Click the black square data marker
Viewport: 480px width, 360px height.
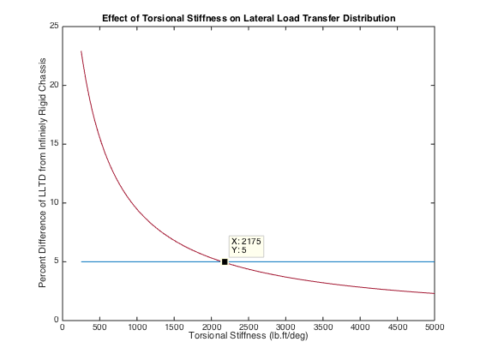pos(225,261)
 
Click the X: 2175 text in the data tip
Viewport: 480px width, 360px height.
pos(246,242)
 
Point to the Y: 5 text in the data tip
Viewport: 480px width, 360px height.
pos(239,250)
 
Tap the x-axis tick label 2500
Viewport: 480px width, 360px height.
pos(249,327)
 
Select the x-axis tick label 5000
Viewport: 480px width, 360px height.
pos(435,327)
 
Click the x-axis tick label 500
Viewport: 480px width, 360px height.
pos(99,327)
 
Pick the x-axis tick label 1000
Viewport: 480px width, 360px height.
pos(136,327)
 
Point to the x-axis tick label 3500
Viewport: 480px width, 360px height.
pos(323,327)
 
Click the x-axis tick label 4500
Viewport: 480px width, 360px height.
pos(398,327)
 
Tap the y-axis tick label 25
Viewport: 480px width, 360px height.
pos(53,27)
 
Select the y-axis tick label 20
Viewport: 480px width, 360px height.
pos(53,86)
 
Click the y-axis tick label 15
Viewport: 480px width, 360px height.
pos(53,144)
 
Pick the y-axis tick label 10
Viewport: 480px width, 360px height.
pos(53,203)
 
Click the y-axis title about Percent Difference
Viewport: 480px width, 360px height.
pos(42,173)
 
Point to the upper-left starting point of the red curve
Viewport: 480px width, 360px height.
pos(81,51)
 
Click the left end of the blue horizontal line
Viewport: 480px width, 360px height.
pos(81,261)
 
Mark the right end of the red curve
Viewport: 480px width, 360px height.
pos(435,294)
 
